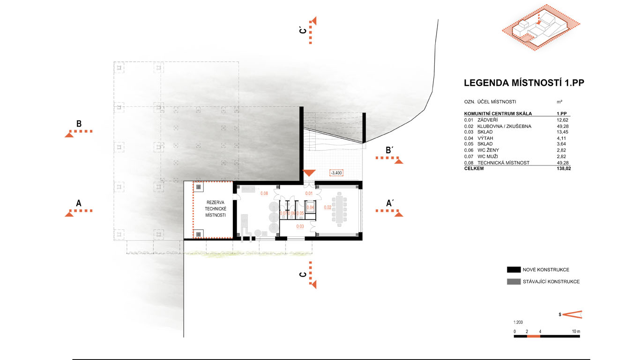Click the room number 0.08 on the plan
(x=264, y=193)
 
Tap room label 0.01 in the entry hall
(x=309, y=193)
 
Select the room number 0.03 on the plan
(x=300, y=226)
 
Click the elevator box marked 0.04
(x=310, y=208)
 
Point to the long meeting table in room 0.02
(x=339, y=210)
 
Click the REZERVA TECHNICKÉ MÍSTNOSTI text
(x=216, y=209)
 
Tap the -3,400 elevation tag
(x=336, y=172)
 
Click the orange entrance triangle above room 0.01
(x=309, y=172)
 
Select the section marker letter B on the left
(x=79, y=124)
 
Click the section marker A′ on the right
(x=390, y=203)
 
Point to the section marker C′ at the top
(x=303, y=30)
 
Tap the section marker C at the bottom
(x=303, y=275)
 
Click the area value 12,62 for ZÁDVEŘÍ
(x=563, y=120)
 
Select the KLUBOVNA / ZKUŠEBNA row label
(x=504, y=126)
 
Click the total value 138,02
(x=564, y=168)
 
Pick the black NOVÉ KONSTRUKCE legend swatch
(x=513, y=270)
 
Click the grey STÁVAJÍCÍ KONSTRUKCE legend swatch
(x=513, y=282)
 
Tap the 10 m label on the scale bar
(x=576, y=331)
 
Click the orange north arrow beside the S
(x=572, y=315)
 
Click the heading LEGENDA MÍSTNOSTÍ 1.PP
(x=524, y=83)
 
